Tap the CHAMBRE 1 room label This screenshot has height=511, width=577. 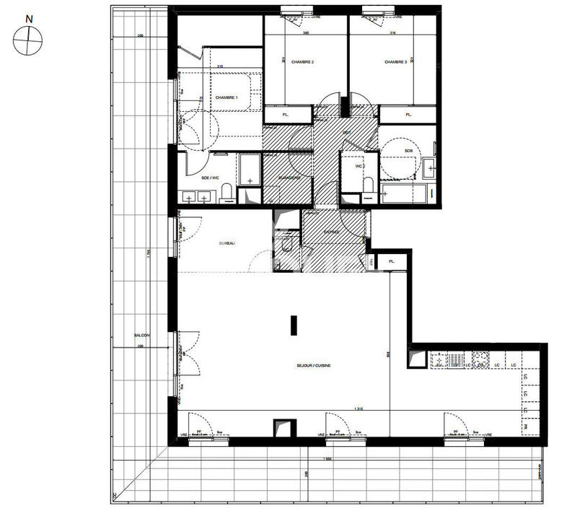point(226,97)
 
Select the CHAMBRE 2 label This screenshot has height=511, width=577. point(302,62)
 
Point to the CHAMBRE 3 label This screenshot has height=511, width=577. point(395,62)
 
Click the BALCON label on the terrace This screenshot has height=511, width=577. point(141,336)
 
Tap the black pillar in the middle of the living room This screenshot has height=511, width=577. point(293,326)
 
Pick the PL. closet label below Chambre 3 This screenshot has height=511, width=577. point(408,114)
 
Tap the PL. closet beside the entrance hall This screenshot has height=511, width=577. point(392,261)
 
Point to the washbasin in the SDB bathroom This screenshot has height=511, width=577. point(431,168)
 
